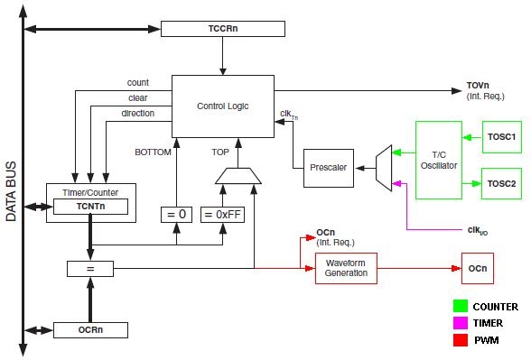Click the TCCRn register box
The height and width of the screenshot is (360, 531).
point(221,29)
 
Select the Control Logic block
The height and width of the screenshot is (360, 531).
point(222,106)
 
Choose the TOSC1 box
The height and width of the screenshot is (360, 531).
point(500,137)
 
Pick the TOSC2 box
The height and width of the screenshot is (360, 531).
point(500,183)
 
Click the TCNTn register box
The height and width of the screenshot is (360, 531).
point(89,207)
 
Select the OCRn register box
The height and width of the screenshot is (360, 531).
point(89,330)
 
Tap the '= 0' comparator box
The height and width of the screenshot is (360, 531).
point(176,216)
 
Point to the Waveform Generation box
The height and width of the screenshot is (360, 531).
point(346,268)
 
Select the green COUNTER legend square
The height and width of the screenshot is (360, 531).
point(460,307)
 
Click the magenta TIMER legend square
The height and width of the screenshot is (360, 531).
point(460,323)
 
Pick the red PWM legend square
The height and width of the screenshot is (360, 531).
point(460,340)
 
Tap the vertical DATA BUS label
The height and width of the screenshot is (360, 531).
point(11,190)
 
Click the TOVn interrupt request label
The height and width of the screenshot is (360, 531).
point(478,90)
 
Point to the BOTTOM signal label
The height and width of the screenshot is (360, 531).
point(153,152)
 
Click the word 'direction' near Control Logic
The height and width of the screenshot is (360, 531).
point(137,113)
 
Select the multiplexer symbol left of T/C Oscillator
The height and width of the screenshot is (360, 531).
point(383,168)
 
